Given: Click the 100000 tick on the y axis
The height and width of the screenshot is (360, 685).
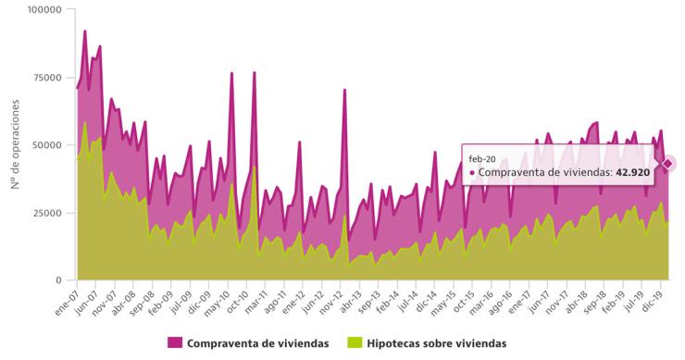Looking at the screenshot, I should click(44, 9).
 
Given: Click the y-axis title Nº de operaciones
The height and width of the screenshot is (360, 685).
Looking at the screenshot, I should click(16, 146).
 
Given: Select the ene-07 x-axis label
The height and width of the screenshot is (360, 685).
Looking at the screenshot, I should click(67, 300).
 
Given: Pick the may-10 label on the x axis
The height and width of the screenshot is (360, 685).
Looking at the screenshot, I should click(219, 300).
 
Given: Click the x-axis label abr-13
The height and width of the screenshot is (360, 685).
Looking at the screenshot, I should click(350, 300).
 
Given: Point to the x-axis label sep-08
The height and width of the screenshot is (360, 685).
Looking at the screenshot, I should click(143, 300).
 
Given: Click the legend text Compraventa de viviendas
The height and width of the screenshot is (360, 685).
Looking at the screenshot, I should click(257, 343).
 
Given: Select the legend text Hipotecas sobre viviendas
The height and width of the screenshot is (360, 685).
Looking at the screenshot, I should click(436, 343).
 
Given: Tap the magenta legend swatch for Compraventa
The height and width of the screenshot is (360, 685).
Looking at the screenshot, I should click(175, 343).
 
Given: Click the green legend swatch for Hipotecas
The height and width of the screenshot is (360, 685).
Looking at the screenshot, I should click(354, 343).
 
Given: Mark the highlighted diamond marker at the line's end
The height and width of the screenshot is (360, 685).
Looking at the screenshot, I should click(666, 164).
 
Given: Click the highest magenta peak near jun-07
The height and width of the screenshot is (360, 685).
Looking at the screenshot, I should click(85, 31).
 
